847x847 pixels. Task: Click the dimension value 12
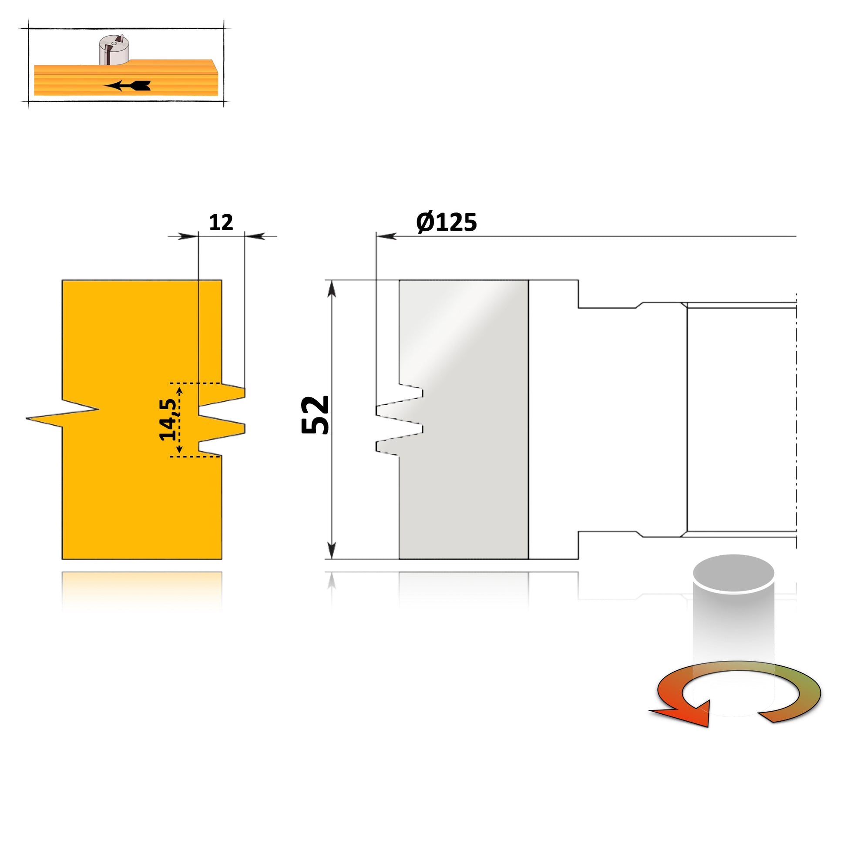[221, 223]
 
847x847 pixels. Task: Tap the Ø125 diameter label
[446, 222]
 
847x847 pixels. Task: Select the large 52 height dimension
[315, 415]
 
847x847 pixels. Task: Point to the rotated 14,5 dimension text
[168, 419]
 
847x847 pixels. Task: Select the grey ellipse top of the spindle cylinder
[733, 573]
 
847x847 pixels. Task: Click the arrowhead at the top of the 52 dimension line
[332, 289]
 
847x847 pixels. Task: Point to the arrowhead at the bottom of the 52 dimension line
[332, 550]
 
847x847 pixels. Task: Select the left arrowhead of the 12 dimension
[188, 236]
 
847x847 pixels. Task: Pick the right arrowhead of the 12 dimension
[255, 236]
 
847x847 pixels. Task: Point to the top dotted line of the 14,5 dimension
[195, 383]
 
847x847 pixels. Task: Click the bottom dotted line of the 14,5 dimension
[195, 457]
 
